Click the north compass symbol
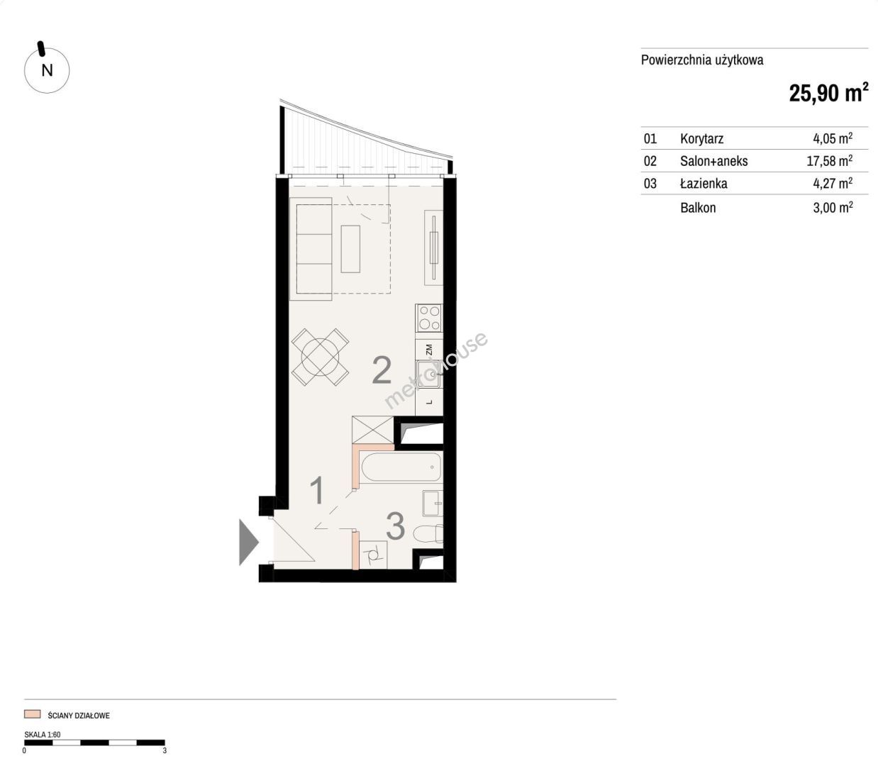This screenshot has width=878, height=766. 47,70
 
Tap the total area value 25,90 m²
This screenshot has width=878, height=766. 828,92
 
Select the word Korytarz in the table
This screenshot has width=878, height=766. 701,138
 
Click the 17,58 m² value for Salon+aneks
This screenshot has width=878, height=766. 830,160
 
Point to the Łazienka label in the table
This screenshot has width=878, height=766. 704,183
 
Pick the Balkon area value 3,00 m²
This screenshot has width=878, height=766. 833,207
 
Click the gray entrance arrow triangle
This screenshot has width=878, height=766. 249,543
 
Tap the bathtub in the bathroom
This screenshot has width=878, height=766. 400,467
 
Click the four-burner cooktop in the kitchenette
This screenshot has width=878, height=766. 429,318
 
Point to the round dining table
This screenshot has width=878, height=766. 320,357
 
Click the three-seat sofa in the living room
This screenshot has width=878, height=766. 311,249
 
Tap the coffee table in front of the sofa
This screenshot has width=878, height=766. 350,249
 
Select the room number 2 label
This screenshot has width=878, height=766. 382,371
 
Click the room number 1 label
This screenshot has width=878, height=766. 317,491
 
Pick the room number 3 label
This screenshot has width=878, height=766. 395,526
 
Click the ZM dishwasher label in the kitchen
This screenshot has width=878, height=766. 428,350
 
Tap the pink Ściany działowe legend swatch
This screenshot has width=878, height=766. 32,714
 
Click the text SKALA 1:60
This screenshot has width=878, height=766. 42,734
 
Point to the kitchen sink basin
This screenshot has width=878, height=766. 428,374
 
